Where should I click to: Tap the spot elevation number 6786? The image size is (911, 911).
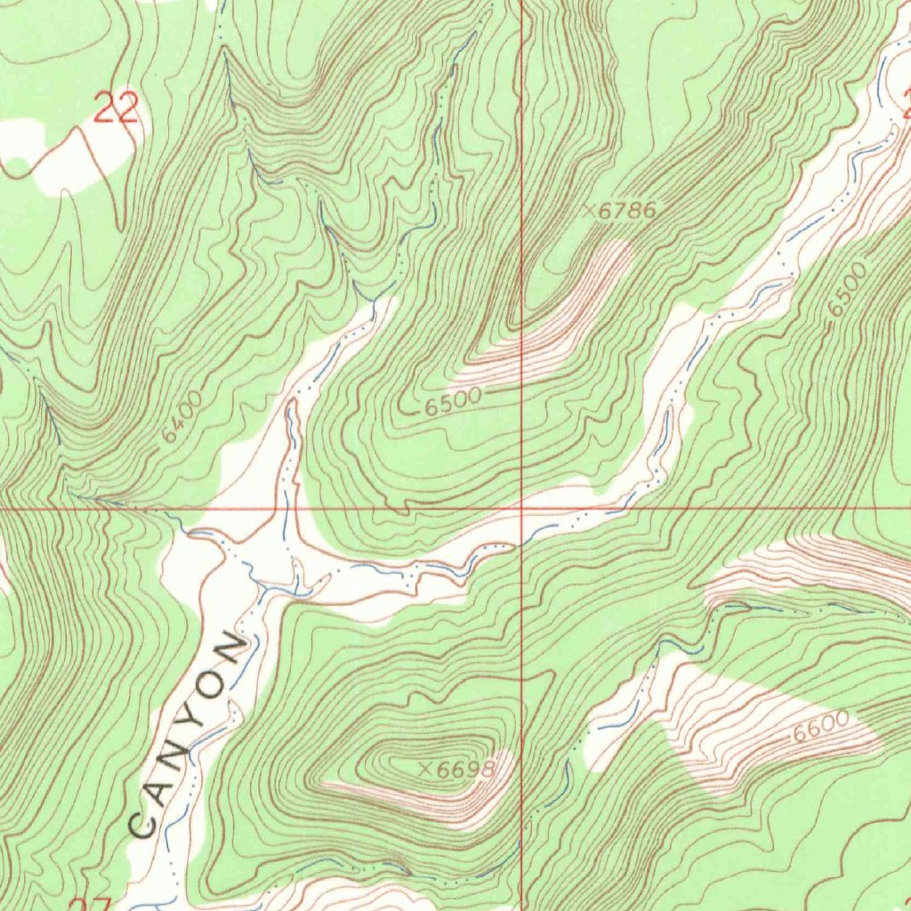pyautogui.click(x=627, y=211)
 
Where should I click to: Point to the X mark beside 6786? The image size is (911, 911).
pyautogui.click(x=589, y=211)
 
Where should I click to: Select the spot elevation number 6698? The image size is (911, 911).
pyautogui.click(x=465, y=770)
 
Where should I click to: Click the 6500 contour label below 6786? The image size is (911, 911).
pyautogui.click(x=453, y=402)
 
